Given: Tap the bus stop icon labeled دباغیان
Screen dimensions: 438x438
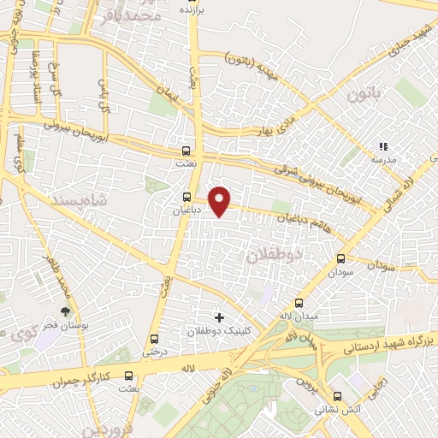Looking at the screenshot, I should coord(186,198).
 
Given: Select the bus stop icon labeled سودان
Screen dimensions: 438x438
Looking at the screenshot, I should coord(341,257).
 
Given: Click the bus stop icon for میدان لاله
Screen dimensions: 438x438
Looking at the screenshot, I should coord(299,303).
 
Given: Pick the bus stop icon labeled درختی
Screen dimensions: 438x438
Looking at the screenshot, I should coord(154,339).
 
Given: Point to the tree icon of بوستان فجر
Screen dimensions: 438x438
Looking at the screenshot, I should coord(65,313).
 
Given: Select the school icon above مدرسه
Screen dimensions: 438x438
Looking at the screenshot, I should coord(383,147).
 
